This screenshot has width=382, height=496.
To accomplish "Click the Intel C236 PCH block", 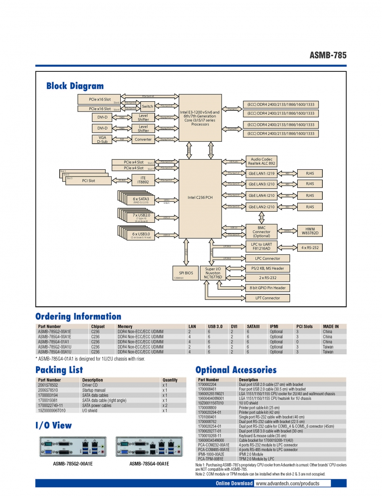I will tap(200, 198).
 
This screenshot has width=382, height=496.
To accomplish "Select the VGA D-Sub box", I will tap(102, 139).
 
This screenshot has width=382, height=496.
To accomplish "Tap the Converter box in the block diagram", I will tap(143, 139).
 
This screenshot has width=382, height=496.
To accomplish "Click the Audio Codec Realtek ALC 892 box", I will tap(262, 161).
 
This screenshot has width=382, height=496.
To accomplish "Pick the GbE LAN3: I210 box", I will tap(262, 184).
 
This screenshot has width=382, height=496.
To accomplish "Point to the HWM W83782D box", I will tap(310, 231).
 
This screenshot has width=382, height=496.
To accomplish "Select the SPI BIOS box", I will tap(186, 273).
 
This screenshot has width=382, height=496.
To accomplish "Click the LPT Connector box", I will tap(267, 298).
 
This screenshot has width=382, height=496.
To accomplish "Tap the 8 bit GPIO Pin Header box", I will tap(267, 288).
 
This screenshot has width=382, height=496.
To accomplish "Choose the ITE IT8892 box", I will tap(143, 180).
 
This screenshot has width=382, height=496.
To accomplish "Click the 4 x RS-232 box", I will tap(310, 248).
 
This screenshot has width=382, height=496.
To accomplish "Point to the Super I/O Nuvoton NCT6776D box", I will tap(213, 273).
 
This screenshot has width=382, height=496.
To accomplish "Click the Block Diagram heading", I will tap(75, 86).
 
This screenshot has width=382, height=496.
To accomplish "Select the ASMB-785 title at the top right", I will tap(328, 55).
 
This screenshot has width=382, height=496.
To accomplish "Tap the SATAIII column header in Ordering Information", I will tap(253, 327).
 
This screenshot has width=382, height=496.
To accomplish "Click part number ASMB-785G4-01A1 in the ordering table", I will tap(53, 342).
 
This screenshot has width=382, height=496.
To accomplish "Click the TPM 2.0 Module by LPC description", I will tap(256, 459).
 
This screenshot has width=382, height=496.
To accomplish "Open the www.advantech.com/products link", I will tap(287, 483).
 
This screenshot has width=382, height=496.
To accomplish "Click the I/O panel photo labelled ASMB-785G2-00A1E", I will tap(73, 447).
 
